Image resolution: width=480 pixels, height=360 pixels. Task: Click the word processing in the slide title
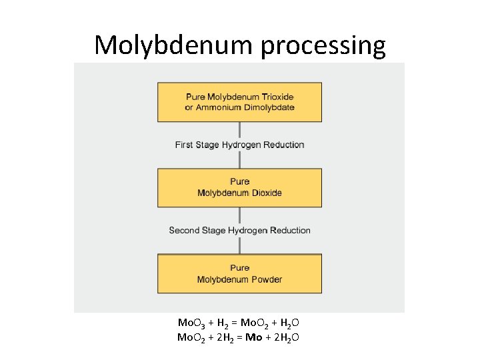pyautogui.click(x=323, y=45)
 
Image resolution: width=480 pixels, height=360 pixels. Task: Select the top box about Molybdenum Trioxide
pyautogui.click(x=239, y=102)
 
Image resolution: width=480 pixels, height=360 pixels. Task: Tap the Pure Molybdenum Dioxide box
pyautogui.click(x=239, y=187)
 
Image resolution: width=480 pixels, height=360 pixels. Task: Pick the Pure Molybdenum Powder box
pyautogui.click(x=239, y=273)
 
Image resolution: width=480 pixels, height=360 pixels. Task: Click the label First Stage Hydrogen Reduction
pyautogui.click(x=239, y=145)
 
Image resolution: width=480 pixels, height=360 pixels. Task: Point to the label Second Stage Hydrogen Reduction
pyautogui.click(x=239, y=230)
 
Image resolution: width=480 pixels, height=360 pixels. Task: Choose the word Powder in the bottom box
pyautogui.click(x=266, y=279)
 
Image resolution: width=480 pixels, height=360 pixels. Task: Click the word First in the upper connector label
pyautogui.click(x=185, y=145)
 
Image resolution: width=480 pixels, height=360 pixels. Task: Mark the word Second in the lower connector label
pyautogui.click(x=184, y=230)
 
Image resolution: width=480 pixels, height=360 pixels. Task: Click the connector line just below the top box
pyautogui.click(x=239, y=129)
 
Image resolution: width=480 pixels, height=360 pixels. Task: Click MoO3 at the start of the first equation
pyautogui.click(x=191, y=323)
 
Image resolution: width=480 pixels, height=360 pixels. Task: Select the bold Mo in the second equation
pyautogui.click(x=253, y=337)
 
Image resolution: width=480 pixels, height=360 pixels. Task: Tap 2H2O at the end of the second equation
pyautogui.click(x=285, y=337)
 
